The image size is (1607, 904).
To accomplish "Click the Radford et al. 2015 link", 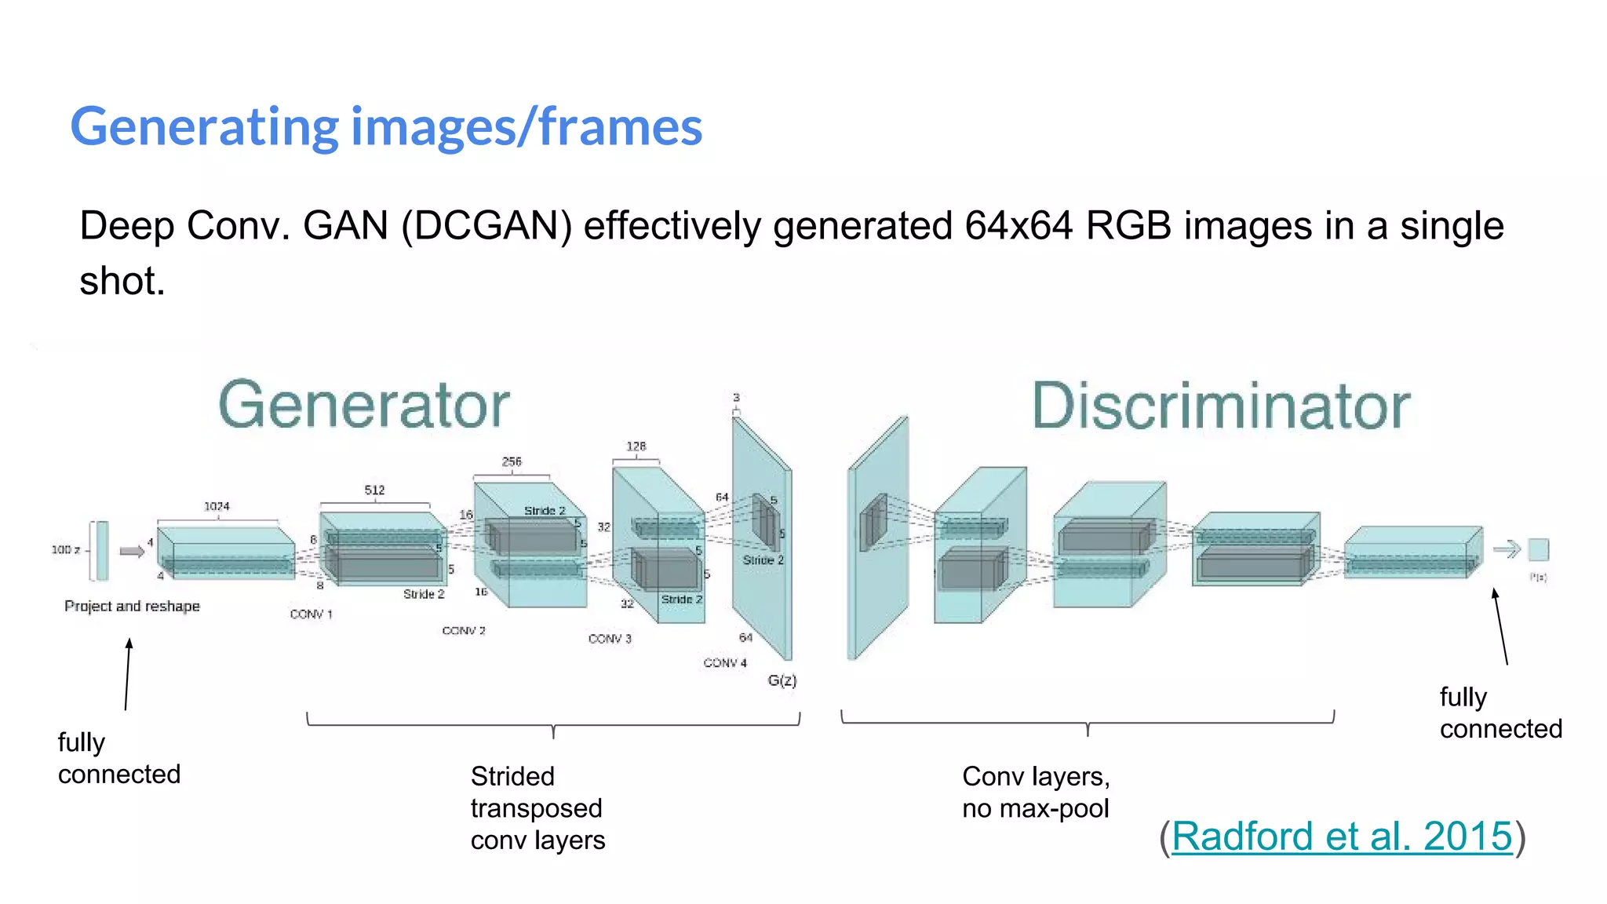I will tap(1341, 836).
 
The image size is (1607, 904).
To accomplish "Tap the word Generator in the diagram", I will tap(364, 405).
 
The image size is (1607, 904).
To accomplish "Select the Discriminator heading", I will tap(1220, 406).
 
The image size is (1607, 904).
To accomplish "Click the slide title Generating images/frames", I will tap(386, 127).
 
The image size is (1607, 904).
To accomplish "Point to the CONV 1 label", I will tap(311, 614).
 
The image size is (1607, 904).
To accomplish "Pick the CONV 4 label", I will tap(725, 663).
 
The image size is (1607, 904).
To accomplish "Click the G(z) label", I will tap(782, 680).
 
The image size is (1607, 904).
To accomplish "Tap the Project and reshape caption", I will tap(132, 606).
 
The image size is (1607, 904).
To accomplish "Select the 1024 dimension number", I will tap(217, 506).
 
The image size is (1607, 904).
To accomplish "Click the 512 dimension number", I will tap(374, 490).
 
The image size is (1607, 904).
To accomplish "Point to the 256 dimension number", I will tap(512, 461).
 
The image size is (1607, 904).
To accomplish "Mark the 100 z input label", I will tap(66, 549).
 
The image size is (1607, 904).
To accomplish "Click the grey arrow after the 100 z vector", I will tap(132, 551).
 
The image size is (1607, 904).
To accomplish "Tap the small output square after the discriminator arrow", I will tap(1539, 549).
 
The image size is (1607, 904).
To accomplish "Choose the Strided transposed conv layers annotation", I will tap(537, 808).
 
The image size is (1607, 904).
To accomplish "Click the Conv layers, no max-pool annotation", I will tap(1036, 792).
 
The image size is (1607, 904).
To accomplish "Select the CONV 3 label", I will tap(610, 639).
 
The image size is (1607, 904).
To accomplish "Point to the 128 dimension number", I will tap(636, 446).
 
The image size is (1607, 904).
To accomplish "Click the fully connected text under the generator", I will tap(119, 758).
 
